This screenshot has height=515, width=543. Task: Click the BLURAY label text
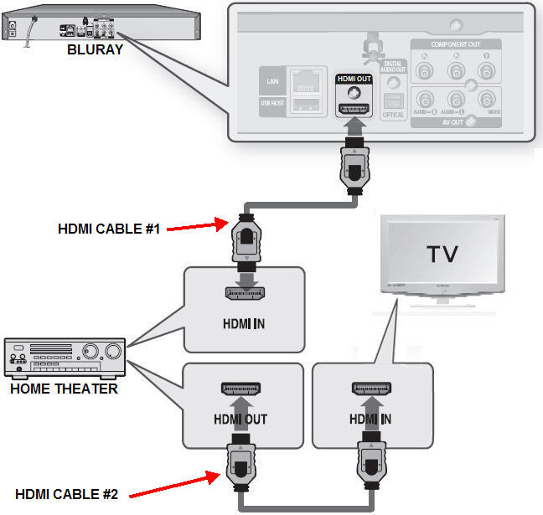pos(95,49)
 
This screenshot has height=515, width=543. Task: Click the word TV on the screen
pos(442,254)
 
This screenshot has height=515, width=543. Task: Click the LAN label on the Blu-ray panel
pos(272,81)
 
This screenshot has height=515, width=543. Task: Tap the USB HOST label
pos(272,103)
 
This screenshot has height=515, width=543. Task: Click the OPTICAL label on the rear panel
pos(394,115)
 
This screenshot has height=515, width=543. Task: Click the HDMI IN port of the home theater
pos(244,292)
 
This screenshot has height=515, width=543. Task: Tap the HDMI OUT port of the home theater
pos(243,388)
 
